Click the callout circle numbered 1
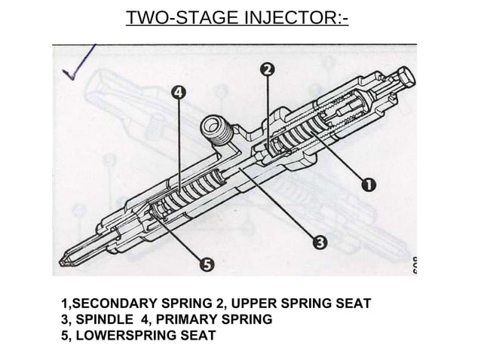click(369, 184)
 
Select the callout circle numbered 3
click(320, 242)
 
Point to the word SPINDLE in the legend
click(105, 319)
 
